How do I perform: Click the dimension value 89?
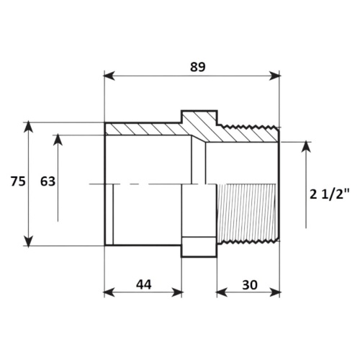click(198, 67)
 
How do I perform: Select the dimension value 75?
click(18, 181)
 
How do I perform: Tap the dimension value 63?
click(48, 181)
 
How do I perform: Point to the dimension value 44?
click(144, 284)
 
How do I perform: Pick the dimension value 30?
click(250, 285)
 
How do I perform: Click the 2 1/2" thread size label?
click(329, 194)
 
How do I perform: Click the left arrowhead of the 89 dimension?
click(109, 76)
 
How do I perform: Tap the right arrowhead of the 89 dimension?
click(275, 76)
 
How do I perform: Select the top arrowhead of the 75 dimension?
click(28, 127)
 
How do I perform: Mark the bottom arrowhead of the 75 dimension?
click(28, 241)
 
